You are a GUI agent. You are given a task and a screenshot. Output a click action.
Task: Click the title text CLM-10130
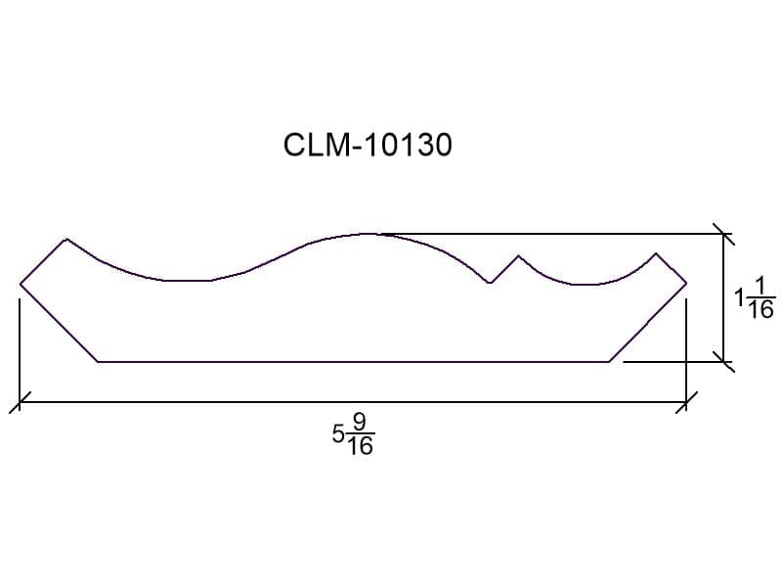point(368,145)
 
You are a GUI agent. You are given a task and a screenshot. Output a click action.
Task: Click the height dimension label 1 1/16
point(755,298)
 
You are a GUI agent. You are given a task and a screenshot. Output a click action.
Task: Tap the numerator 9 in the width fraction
point(360,424)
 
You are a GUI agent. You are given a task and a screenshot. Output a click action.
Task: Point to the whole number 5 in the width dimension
point(338,434)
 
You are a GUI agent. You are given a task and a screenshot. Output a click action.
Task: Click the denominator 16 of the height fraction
point(761,310)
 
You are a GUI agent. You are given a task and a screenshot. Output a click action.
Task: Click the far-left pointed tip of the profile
point(21,285)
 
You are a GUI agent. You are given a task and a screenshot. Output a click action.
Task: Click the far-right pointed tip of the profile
point(686,284)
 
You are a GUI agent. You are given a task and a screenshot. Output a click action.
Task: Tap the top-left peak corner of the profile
point(66,240)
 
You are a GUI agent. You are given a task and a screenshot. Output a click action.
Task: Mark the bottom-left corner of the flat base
point(98,361)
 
